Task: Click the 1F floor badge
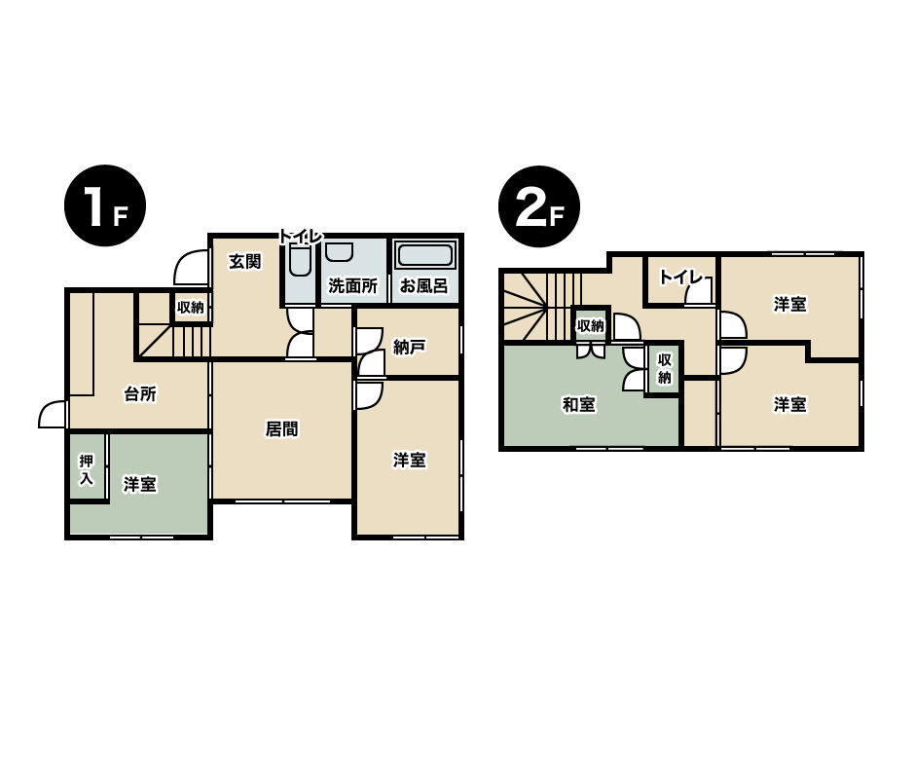pyautogui.click(x=105, y=205)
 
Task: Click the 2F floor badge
pyautogui.click(x=539, y=206)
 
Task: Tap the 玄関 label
pyautogui.click(x=244, y=261)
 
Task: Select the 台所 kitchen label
pyautogui.click(x=140, y=394)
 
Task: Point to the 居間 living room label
pyautogui.click(x=282, y=429)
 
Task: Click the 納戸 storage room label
pyautogui.click(x=409, y=348)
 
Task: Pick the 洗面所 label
pyautogui.click(x=352, y=285)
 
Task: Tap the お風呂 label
pyautogui.click(x=423, y=285)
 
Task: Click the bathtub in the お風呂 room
pyautogui.click(x=424, y=256)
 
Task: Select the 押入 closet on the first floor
pyautogui.click(x=87, y=467)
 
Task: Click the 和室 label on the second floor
pyautogui.click(x=578, y=404)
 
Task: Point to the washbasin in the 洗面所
pyautogui.click(x=339, y=252)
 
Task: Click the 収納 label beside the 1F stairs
pyautogui.click(x=191, y=307)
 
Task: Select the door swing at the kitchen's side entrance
pyautogui.click(x=53, y=414)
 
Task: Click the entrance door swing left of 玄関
pyautogui.click(x=191, y=267)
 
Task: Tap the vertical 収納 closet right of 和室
pyautogui.click(x=664, y=369)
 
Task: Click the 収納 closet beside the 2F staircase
pyautogui.click(x=590, y=324)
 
